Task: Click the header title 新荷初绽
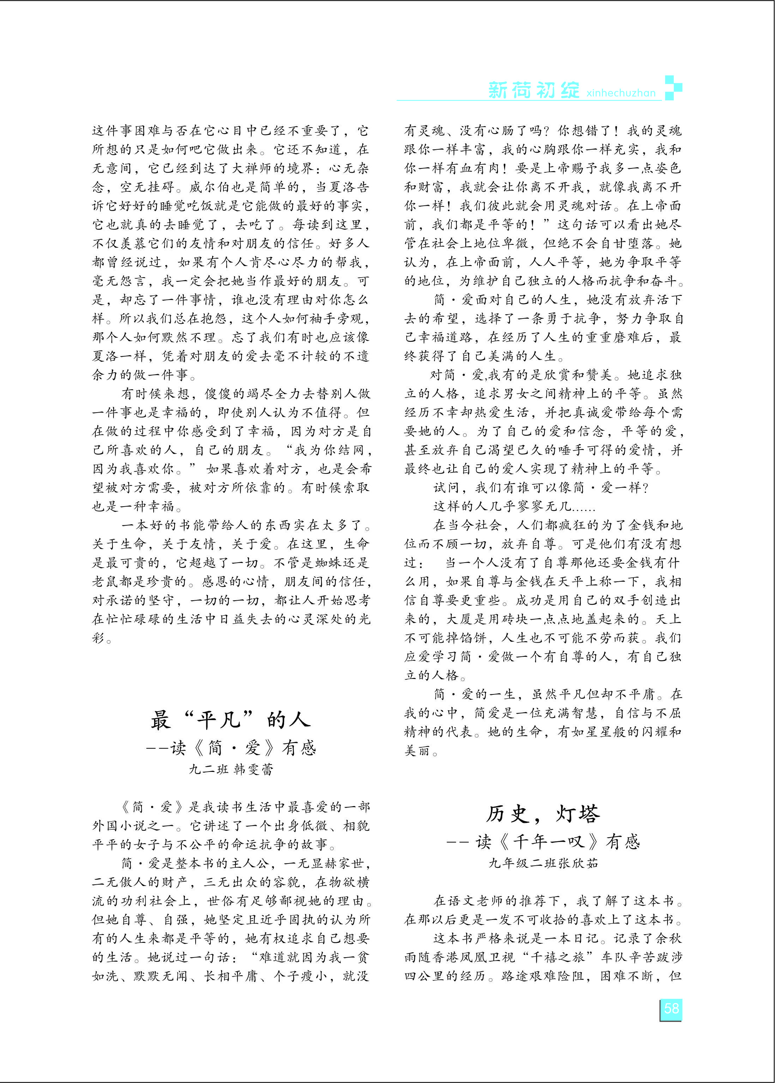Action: pos(534,90)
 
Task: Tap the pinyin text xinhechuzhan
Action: pos(621,93)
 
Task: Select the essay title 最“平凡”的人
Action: pos(230,719)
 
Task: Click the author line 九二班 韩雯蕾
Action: pos(231,769)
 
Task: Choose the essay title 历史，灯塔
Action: pos(543,814)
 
